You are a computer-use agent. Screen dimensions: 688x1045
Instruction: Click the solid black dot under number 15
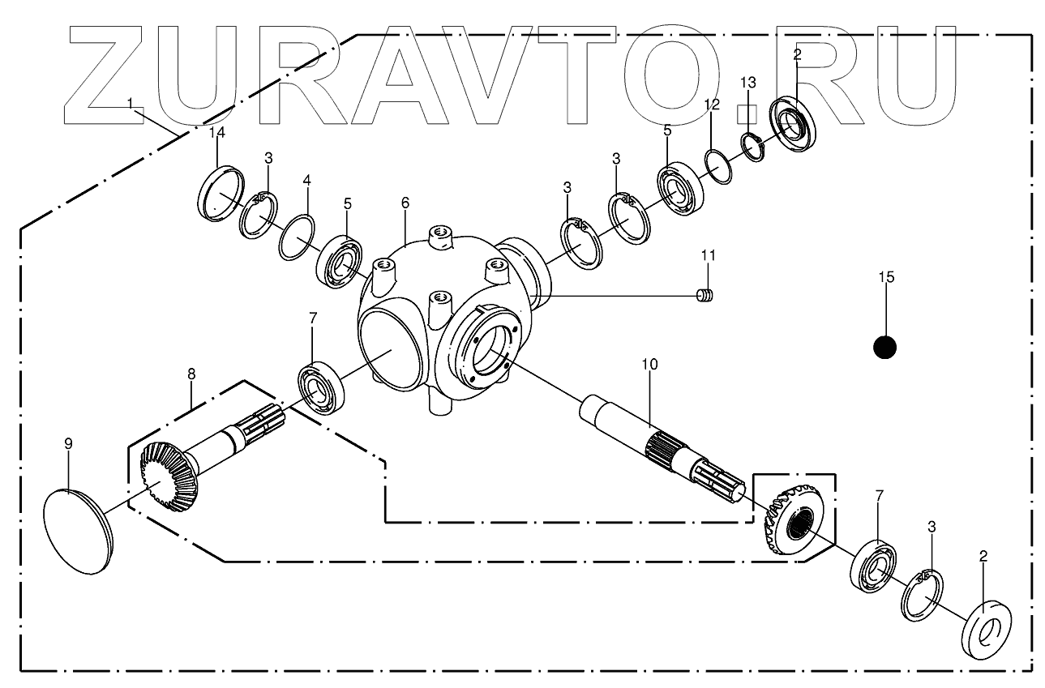point(884,347)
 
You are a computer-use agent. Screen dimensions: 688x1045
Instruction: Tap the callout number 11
point(709,256)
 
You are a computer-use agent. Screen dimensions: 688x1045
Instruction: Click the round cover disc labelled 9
point(78,531)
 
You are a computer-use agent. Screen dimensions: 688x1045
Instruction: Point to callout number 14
point(216,134)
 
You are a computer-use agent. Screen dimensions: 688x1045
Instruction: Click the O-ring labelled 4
point(297,237)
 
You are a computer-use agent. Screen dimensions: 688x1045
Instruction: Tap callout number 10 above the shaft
point(649,365)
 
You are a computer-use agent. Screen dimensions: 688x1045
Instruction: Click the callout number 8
point(191,374)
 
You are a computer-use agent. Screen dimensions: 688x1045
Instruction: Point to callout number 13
point(747,83)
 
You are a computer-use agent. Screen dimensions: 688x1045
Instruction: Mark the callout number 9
point(68,443)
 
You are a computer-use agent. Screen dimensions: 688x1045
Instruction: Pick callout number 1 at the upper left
point(130,104)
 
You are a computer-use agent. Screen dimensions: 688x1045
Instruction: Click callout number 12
point(711,106)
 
